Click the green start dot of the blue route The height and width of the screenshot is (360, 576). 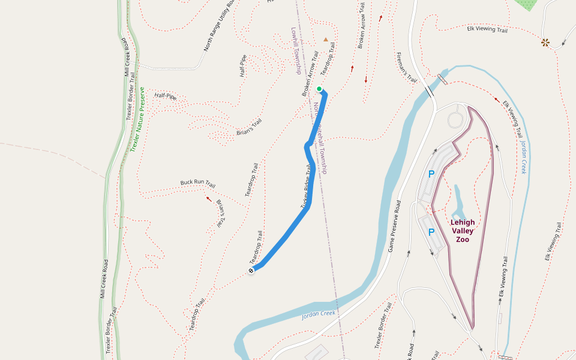click(319, 89)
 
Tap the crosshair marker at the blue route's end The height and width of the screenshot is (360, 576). click(251, 271)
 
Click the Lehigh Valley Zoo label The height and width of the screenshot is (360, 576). click(462, 231)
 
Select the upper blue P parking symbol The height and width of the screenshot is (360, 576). click(431, 175)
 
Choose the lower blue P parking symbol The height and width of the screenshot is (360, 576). click(431, 232)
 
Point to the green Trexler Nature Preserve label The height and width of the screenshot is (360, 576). click(137, 119)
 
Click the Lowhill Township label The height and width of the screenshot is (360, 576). click(296, 50)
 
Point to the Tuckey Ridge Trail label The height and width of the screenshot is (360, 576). click(306, 188)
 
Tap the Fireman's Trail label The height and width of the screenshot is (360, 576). click(406, 67)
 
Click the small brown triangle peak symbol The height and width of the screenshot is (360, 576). click(326, 40)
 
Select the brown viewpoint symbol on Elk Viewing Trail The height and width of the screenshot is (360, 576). click(545, 42)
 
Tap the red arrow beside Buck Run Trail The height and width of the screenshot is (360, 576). click(209, 199)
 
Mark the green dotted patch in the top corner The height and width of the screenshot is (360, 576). click(527, 4)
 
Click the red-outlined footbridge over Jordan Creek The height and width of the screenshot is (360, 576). click(443, 79)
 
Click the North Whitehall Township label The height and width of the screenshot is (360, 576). click(320, 138)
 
